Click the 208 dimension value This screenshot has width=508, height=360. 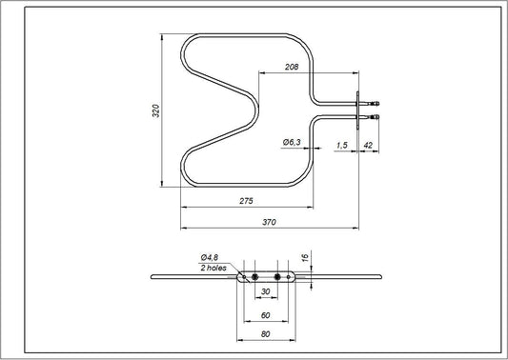pos(293,66)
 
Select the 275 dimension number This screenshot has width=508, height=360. pos(245,201)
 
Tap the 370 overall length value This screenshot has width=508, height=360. pos(269,222)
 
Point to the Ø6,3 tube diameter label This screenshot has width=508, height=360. pos(293,142)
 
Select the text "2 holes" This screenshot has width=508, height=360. pos(215,269)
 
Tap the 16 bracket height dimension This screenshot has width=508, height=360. pos(305,257)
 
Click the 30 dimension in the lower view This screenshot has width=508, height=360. pos(265,292)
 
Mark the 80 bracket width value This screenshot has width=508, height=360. pos(265,334)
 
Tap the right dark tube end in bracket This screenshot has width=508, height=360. pos(277,276)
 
